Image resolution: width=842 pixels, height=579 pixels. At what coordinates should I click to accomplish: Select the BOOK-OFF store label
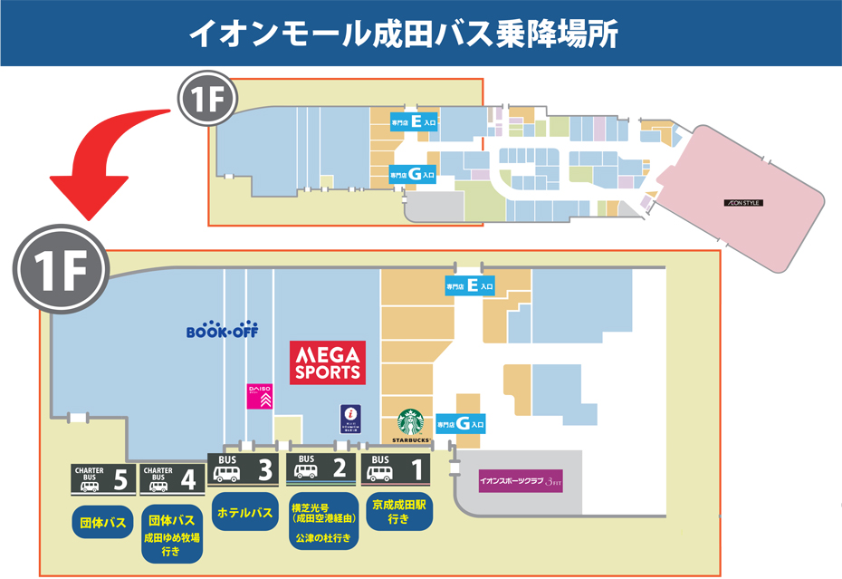point(222,331)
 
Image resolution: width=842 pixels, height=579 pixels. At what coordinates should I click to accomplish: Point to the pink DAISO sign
point(259,395)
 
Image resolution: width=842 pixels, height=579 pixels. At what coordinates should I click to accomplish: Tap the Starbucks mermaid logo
point(411,423)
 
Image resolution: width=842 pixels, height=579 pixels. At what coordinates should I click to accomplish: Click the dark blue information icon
point(350,419)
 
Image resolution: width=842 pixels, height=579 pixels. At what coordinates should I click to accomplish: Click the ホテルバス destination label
point(244,513)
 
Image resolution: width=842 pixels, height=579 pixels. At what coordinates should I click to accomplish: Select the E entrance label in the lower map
point(469,286)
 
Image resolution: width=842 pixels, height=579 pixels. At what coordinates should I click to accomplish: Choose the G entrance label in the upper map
point(413,173)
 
